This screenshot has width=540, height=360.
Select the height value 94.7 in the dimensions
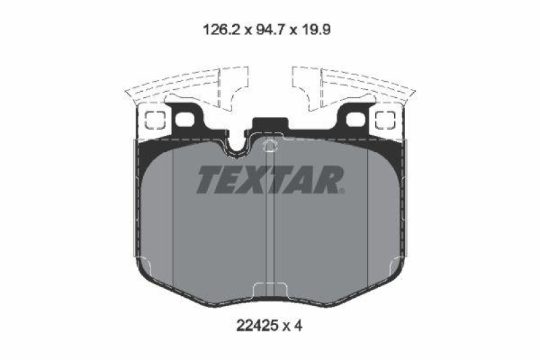tap(267, 30)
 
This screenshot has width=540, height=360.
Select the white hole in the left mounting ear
tap(184, 120)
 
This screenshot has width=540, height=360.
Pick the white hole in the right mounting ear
tap(356, 120)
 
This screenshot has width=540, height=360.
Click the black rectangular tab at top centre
tap(270, 126)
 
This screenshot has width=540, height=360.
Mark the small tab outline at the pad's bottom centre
tap(270, 290)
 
